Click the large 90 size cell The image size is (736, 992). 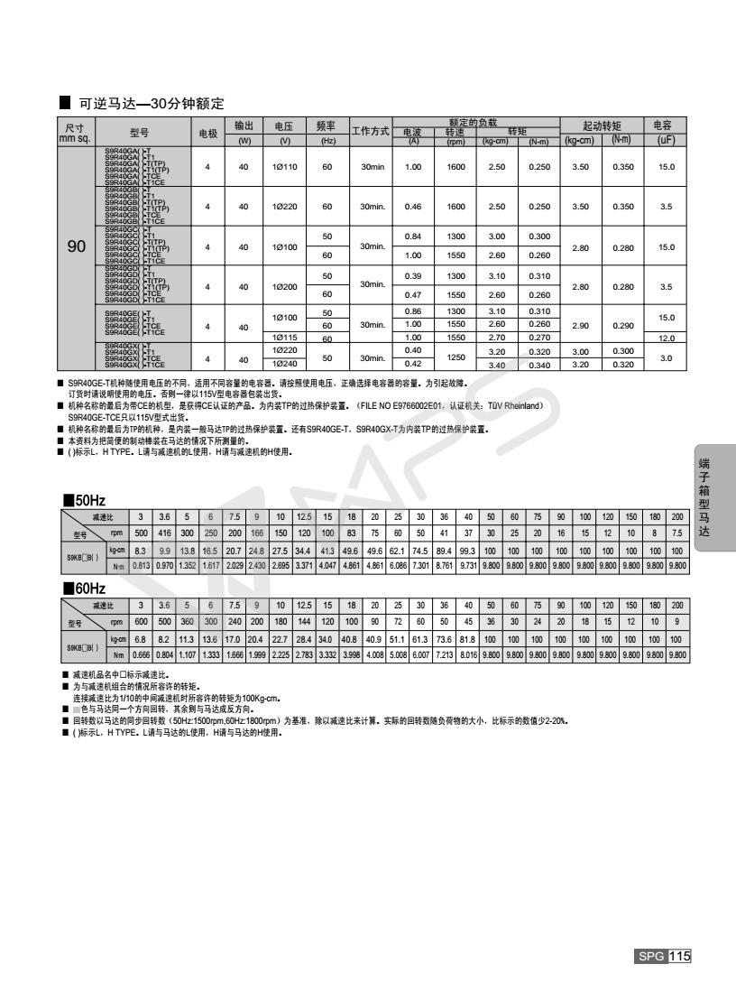click(77, 246)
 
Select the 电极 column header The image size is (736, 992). click(208, 133)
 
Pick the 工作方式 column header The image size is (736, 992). click(370, 132)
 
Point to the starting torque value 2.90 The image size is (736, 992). click(580, 324)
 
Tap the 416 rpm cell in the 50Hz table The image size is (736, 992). click(163, 533)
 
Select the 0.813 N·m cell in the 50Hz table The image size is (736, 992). click(142, 565)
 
